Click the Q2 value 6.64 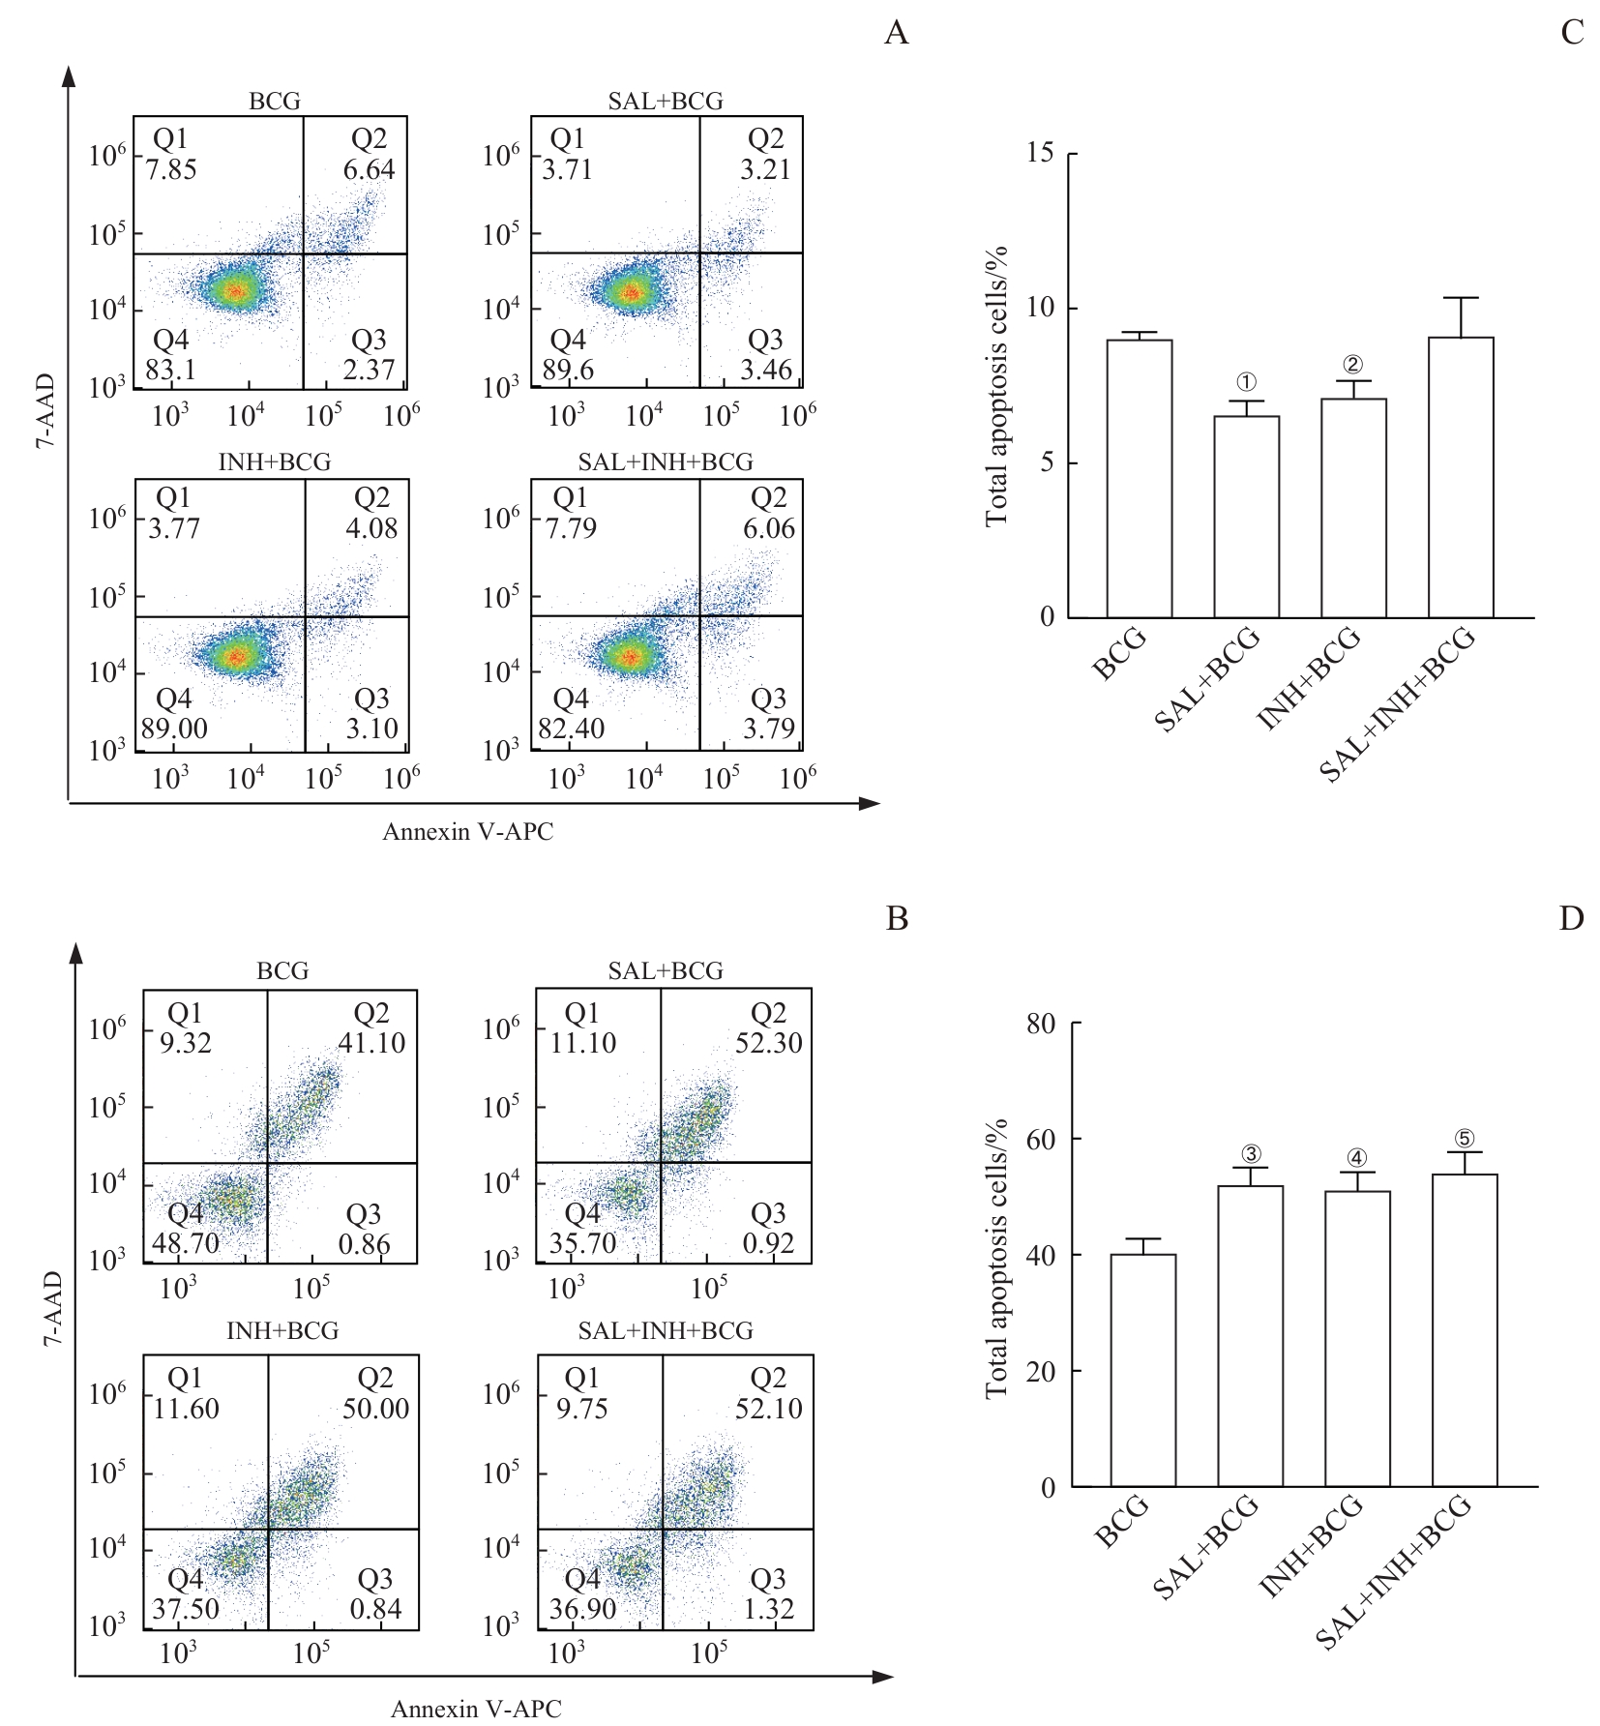point(369,169)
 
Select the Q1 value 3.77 point(173,528)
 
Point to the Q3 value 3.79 point(768,729)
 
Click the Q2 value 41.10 point(371,1043)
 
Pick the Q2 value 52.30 point(768,1043)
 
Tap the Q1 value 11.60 point(186,1409)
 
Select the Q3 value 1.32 point(768,1609)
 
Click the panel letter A point(896,34)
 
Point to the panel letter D point(1571,918)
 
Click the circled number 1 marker point(1247,383)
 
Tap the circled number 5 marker point(1465,1139)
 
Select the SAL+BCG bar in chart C point(1247,517)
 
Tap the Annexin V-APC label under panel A point(467,832)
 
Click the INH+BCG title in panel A point(275,462)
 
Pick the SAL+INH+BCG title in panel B point(666,1330)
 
